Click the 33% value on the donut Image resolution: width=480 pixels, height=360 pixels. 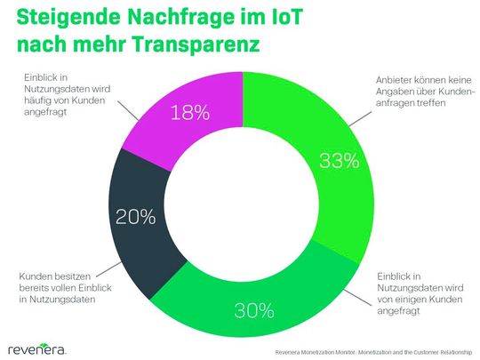pyautogui.click(x=339, y=161)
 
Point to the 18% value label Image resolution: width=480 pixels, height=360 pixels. pyautogui.click(x=191, y=113)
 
